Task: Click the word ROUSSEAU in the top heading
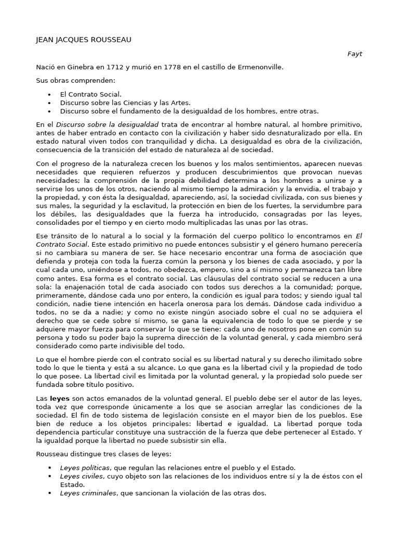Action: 115,40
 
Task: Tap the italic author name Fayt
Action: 355,54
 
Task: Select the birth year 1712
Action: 113,67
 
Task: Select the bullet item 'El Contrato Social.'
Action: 91,94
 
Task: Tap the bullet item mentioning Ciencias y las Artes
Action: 125,103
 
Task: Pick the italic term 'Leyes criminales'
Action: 88,493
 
